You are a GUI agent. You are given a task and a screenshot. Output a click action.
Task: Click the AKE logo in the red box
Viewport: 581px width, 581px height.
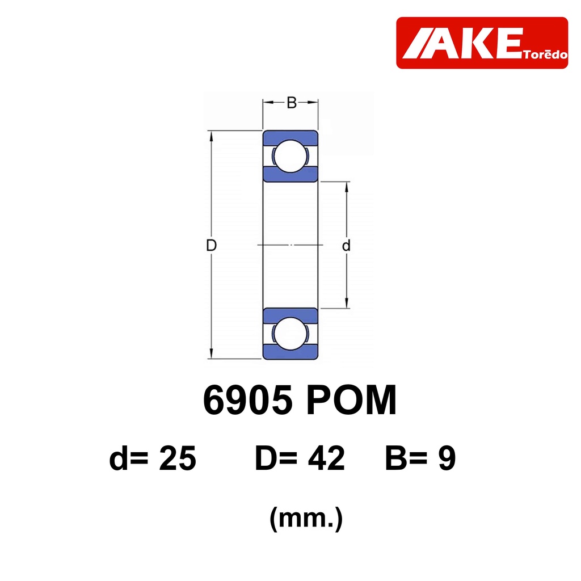tap(482, 43)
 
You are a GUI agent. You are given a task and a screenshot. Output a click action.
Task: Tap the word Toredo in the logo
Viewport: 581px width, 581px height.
tap(545, 54)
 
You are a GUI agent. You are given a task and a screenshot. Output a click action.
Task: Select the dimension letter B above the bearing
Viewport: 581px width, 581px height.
tap(292, 103)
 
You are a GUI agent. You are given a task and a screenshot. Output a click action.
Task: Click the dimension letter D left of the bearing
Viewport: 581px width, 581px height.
tap(211, 245)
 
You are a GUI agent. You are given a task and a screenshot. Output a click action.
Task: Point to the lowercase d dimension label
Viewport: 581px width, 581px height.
tap(346, 245)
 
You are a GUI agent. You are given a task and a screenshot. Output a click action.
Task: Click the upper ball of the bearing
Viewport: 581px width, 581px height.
tap(290, 156)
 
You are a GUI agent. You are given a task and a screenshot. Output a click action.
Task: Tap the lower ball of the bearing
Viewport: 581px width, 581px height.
tap(290, 334)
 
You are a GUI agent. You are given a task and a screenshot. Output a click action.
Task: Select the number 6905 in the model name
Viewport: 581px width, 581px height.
tap(247, 400)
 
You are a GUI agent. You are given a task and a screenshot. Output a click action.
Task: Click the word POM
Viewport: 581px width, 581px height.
tap(351, 400)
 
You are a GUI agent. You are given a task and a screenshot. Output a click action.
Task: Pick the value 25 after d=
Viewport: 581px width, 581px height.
tap(178, 458)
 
